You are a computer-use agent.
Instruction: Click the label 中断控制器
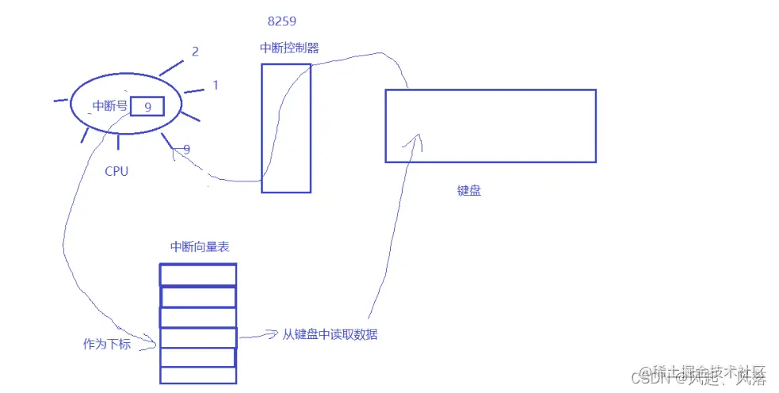(289, 48)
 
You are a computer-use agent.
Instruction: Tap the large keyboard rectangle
(490, 126)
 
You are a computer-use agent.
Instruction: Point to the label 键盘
(469, 191)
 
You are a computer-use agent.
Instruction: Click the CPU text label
(116, 170)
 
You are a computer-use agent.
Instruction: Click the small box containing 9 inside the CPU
(147, 106)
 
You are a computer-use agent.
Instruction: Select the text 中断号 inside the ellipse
(109, 105)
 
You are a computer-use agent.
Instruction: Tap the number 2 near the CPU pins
(195, 52)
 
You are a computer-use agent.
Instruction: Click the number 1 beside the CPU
(216, 85)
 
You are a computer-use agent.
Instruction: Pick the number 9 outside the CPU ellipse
(186, 149)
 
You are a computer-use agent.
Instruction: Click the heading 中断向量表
(200, 247)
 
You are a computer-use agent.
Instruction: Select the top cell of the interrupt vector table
(198, 275)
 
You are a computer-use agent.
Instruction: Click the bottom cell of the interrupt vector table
(198, 376)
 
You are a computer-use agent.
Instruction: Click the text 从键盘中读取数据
(330, 334)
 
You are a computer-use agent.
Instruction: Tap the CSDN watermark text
(703, 376)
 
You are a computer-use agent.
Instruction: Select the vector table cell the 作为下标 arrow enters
(198, 338)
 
